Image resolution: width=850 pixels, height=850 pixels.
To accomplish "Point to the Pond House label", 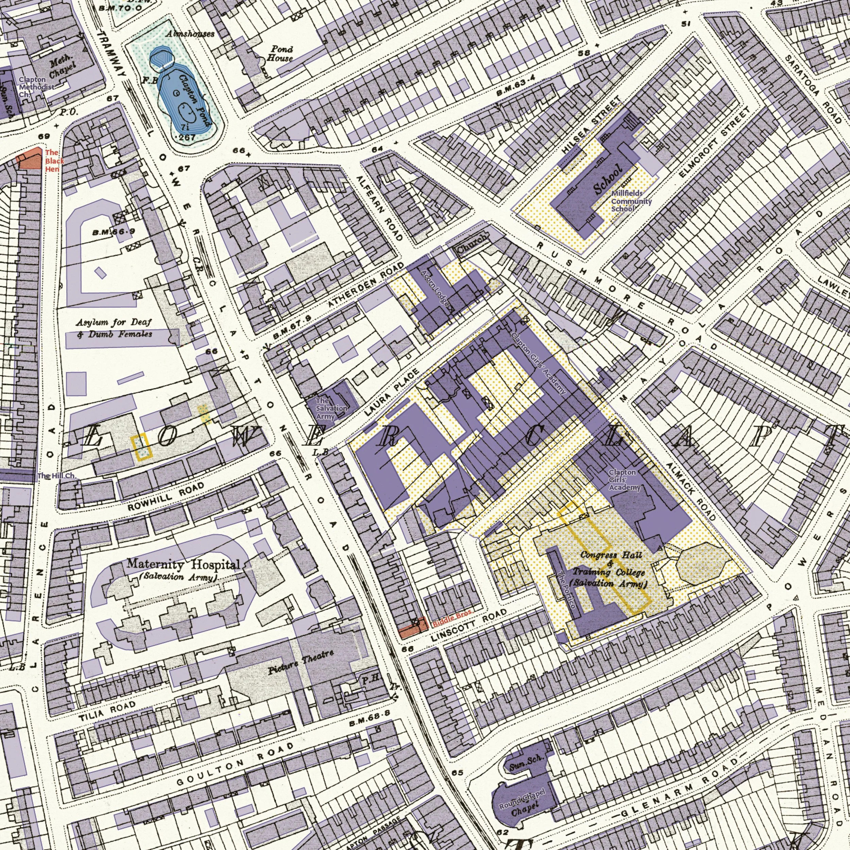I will pyautogui.click(x=280, y=54).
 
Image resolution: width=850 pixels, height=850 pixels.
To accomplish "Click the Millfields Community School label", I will pyautogui.click(x=630, y=201).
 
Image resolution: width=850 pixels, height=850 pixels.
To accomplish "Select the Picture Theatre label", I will pyautogui.click(x=301, y=661).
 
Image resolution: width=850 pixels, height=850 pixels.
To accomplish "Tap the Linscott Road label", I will pyautogui.click(x=468, y=626).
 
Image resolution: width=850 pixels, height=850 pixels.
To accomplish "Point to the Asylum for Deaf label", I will pyautogui.click(x=114, y=323).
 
